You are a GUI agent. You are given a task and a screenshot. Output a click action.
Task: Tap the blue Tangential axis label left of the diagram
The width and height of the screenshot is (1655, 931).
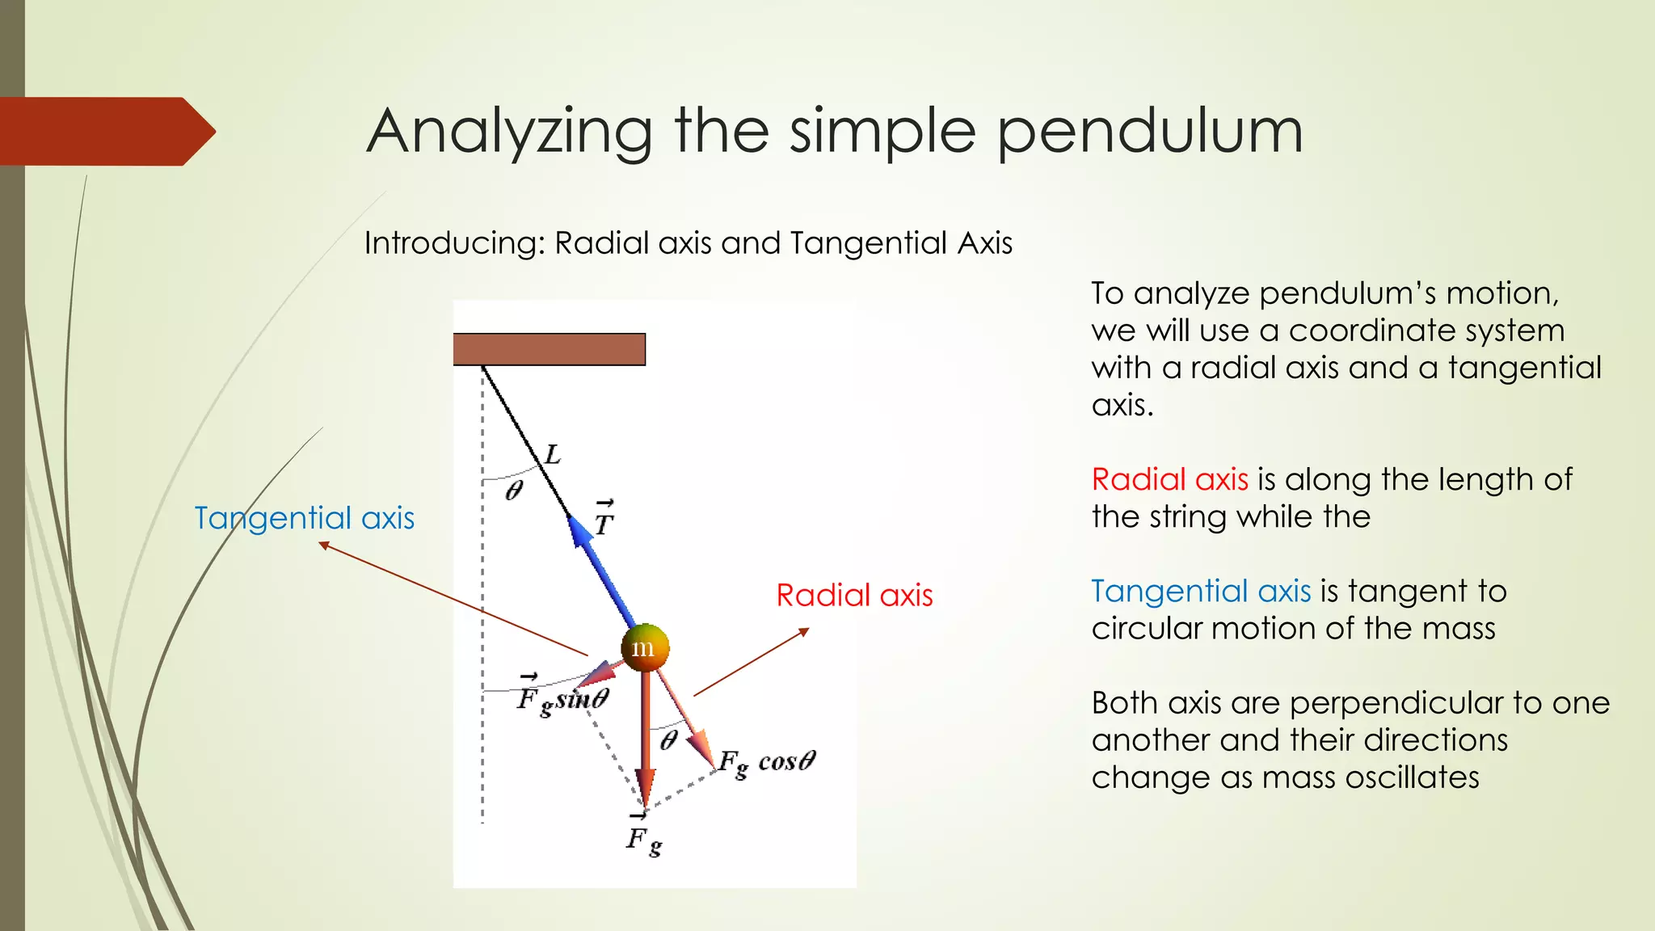304,518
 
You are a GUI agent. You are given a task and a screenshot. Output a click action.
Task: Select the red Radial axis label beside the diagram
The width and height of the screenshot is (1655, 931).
854,596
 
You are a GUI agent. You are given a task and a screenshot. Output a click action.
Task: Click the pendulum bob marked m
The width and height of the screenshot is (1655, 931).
644,647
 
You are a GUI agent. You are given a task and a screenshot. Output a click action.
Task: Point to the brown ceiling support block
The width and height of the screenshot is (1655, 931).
549,349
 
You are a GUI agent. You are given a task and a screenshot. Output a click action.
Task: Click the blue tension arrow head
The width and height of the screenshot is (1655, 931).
578,530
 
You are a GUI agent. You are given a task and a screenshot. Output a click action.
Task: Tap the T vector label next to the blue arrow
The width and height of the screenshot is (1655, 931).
604,520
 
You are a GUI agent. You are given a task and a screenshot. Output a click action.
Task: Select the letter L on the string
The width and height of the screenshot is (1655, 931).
553,455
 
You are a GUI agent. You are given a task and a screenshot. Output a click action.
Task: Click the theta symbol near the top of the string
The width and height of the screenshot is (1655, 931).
514,491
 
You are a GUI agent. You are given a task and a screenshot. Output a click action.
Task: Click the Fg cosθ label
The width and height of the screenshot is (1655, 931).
767,762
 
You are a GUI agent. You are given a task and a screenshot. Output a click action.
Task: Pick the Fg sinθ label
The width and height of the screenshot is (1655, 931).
562,697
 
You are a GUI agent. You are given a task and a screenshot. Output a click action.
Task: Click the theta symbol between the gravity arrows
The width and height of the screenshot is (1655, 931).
669,739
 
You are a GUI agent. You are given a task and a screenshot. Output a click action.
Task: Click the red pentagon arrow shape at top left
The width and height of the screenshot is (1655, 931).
105,132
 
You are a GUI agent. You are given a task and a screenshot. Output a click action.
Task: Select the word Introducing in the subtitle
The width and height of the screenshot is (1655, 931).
455,243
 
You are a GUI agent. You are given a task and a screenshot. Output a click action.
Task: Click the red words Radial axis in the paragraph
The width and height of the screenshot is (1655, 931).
1169,480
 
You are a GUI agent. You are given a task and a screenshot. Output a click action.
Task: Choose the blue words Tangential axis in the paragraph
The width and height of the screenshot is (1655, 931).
1200,592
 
